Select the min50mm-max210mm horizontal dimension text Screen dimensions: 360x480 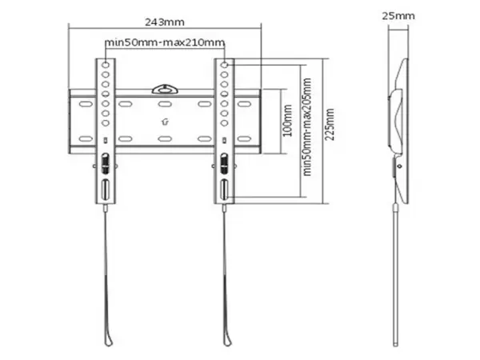(x=165, y=42)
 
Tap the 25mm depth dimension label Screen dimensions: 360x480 (x=398, y=15)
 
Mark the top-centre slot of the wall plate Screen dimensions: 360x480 (x=166, y=104)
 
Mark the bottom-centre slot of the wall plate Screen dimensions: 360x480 (x=166, y=139)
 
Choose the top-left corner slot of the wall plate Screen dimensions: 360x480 (x=82, y=104)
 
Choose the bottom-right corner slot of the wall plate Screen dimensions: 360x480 (x=248, y=139)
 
